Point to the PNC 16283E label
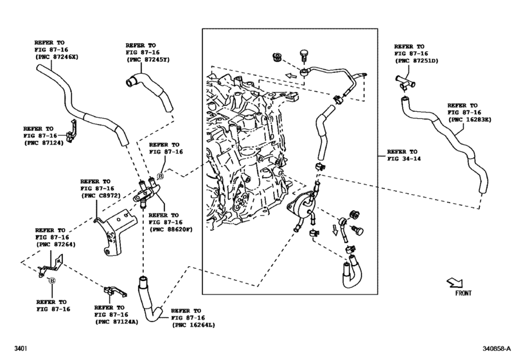pos(467,120)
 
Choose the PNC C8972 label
pos(101,195)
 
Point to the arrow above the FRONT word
pos(454,282)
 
